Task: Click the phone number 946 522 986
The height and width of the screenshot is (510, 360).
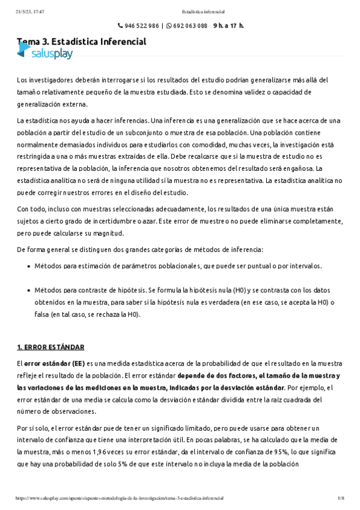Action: click(142, 26)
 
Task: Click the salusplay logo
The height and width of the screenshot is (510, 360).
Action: click(45, 54)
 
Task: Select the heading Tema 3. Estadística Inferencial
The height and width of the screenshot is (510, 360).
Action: click(82, 42)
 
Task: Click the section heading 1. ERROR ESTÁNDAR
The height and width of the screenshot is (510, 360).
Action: click(50, 348)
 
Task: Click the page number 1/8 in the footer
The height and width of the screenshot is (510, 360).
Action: click(340, 499)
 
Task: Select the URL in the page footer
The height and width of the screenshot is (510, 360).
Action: click(120, 499)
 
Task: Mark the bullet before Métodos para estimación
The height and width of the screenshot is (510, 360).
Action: click(29, 266)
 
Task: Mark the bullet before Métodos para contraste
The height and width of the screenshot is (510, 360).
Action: click(29, 290)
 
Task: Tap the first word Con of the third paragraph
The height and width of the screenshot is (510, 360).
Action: click(23, 209)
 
